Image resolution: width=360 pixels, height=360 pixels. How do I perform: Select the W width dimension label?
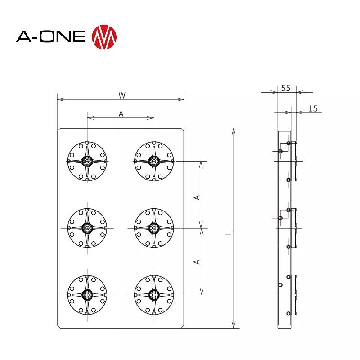click(x=121, y=95)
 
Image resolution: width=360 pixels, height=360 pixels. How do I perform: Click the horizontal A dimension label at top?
click(x=121, y=114)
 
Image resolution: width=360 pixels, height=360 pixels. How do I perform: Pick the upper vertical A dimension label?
click(x=197, y=197)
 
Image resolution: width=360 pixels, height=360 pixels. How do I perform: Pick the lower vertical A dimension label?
click(x=197, y=261)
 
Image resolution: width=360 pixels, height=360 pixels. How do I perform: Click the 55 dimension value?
click(x=286, y=88)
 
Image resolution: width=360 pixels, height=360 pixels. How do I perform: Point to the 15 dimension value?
click(x=313, y=108)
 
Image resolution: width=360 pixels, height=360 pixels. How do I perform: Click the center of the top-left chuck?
click(x=87, y=161)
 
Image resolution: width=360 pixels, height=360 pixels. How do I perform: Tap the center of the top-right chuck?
click(x=154, y=161)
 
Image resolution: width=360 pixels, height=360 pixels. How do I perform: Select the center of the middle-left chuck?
click(x=87, y=228)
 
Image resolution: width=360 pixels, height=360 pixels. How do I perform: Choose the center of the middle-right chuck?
click(x=154, y=228)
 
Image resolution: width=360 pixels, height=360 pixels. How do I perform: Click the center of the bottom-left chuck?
click(x=87, y=295)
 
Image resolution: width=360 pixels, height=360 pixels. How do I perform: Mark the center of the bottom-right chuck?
click(x=154, y=295)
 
